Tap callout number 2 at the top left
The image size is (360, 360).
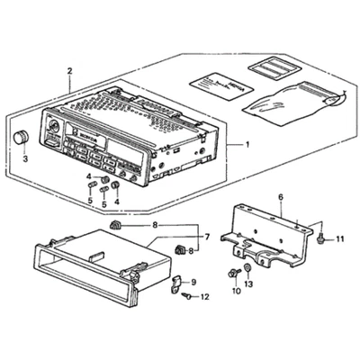click(x=69, y=70)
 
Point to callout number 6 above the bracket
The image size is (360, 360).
click(x=280, y=196)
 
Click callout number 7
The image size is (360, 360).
click(x=206, y=237)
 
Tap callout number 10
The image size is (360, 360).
click(x=237, y=291)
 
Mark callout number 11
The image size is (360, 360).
click(x=340, y=238)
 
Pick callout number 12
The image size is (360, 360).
click(x=205, y=297)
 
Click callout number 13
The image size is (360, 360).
click(x=249, y=283)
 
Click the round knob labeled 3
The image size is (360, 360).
click(x=20, y=138)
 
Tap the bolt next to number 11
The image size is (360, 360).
click(x=322, y=238)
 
